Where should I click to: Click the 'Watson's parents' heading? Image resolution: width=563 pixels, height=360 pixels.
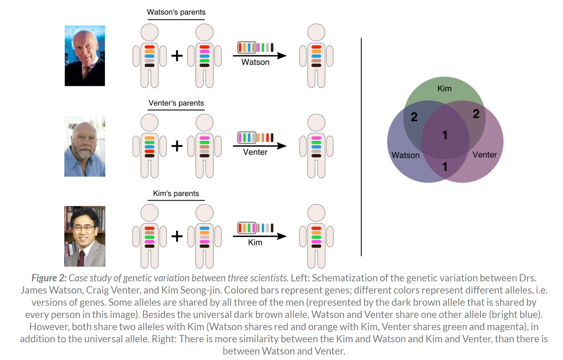(176, 12)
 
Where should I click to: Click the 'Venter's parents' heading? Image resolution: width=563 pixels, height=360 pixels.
(176, 103)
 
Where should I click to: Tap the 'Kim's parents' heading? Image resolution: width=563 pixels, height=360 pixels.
(176, 194)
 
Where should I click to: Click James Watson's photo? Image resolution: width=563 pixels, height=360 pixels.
(85, 55)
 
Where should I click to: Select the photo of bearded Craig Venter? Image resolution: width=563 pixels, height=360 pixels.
(85, 146)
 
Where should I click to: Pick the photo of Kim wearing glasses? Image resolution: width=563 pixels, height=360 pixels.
(85, 236)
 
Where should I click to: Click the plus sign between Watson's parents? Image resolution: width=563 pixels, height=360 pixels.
(177, 56)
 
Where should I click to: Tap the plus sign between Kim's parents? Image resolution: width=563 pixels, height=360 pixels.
(177, 236)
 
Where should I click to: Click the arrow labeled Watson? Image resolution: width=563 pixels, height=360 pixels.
(259, 56)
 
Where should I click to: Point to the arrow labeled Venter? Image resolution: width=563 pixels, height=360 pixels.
(259, 146)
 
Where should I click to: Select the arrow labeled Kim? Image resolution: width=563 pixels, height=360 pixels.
(259, 236)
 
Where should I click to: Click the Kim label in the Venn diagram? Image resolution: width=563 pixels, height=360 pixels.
(444, 89)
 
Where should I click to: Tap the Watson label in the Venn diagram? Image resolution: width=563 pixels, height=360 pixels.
(405, 155)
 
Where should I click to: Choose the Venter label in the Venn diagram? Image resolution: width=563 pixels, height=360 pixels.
(485, 155)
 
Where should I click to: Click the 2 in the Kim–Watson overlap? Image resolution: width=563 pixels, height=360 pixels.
(414, 117)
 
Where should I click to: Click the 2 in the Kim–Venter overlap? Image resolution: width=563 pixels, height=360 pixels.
(476, 114)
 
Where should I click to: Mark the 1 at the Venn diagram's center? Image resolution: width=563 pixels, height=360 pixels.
(445, 135)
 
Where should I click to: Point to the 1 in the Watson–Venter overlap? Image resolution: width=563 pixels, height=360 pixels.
(445, 167)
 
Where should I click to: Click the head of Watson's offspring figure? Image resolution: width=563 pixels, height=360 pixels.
(316, 32)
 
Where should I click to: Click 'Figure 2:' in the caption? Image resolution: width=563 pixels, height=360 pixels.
(49, 278)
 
